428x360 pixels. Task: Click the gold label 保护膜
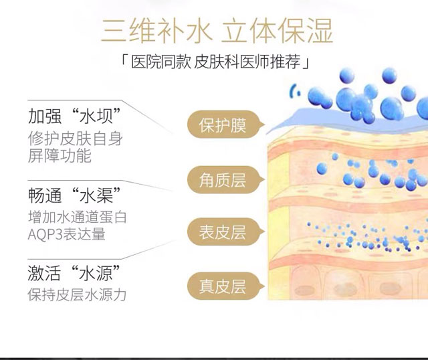click(x=222, y=125)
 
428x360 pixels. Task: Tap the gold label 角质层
click(x=222, y=179)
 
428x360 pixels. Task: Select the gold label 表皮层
click(x=222, y=232)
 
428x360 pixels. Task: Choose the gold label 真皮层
click(x=222, y=286)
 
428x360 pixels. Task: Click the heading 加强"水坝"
click(x=74, y=115)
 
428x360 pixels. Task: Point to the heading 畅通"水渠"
click(x=74, y=195)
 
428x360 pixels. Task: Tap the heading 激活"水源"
click(x=74, y=274)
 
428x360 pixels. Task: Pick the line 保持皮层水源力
click(x=77, y=294)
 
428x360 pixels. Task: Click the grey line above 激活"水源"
click(x=67, y=257)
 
